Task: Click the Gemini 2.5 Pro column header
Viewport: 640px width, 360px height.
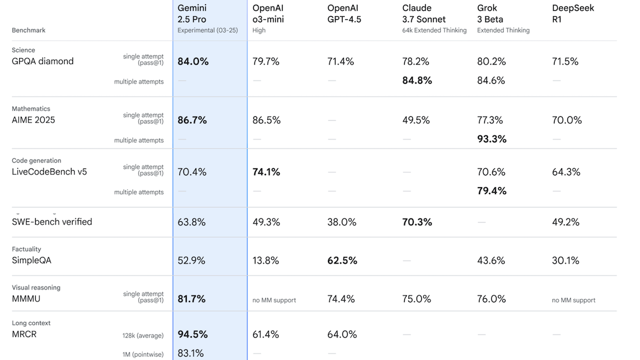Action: pos(192,14)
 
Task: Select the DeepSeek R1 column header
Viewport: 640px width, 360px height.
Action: pos(573,14)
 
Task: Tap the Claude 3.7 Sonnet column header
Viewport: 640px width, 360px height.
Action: pos(424,14)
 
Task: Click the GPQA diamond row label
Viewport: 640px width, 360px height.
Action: pos(43,61)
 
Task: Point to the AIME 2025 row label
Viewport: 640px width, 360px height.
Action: pos(34,120)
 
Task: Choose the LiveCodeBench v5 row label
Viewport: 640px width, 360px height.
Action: pos(49,172)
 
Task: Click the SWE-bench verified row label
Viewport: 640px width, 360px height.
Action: pos(52,222)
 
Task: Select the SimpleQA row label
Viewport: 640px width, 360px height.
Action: pos(31,261)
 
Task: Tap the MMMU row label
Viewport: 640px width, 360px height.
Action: pos(26,299)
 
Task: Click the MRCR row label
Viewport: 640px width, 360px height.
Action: pos(24,334)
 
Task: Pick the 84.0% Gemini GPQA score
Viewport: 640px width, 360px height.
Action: pos(193,61)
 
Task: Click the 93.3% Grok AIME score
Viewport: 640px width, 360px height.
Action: pos(492,139)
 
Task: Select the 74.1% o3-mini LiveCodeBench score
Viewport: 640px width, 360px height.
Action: pos(266,172)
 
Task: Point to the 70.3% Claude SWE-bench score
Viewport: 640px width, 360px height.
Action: pos(417,222)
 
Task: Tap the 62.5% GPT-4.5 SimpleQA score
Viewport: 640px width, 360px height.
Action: pos(342,261)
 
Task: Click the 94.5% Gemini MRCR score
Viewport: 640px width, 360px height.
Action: pos(193,334)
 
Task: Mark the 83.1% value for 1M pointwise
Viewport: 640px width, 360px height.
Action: pos(191,353)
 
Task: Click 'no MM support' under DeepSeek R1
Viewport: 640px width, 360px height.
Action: pos(573,300)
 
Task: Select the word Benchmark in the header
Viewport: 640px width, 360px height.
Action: pos(29,30)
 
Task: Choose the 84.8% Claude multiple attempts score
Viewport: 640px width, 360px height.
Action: pos(417,81)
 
